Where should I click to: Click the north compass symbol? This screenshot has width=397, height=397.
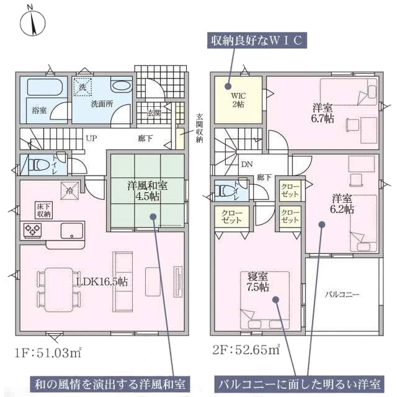[32, 22]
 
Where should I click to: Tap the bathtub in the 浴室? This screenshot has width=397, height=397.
[45, 87]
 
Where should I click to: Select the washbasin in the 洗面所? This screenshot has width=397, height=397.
[122, 86]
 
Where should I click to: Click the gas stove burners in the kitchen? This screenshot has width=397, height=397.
[32, 230]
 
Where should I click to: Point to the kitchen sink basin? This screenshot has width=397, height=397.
[72, 230]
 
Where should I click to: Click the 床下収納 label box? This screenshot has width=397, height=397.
[44, 210]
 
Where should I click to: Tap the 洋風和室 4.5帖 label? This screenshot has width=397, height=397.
[147, 190]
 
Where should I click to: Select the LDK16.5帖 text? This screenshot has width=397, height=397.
[102, 282]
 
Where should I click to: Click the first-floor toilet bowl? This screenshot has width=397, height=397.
[38, 166]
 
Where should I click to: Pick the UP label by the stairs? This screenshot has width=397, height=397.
[91, 138]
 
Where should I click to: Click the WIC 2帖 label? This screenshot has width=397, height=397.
[238, 100]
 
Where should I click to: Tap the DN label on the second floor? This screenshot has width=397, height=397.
[247, 164]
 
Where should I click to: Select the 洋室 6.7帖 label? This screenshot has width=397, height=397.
[323, 113]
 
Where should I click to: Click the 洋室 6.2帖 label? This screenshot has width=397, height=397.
[342, 204]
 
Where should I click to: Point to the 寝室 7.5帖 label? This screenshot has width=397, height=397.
[257, 282]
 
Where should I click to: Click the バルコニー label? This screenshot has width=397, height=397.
[342, 295]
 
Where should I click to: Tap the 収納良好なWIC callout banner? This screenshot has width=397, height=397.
[257, 40]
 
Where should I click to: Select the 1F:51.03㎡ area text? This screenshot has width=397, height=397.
[48, 353]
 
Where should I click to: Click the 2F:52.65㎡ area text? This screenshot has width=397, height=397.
[246, 350]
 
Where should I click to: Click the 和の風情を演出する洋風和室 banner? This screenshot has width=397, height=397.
[110, 384]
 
